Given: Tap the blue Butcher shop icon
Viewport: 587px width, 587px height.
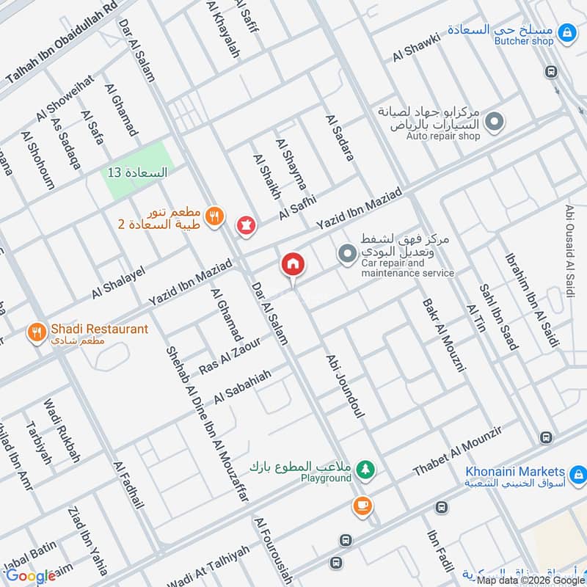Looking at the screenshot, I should point(566,32).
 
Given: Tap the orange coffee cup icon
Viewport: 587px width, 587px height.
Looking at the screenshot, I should point(362,505).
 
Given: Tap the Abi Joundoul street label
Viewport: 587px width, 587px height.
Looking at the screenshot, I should point(345,385).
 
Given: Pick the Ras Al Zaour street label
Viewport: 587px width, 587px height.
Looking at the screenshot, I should point(230,354).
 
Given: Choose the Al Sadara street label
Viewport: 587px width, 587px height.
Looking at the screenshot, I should point(339,137).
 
